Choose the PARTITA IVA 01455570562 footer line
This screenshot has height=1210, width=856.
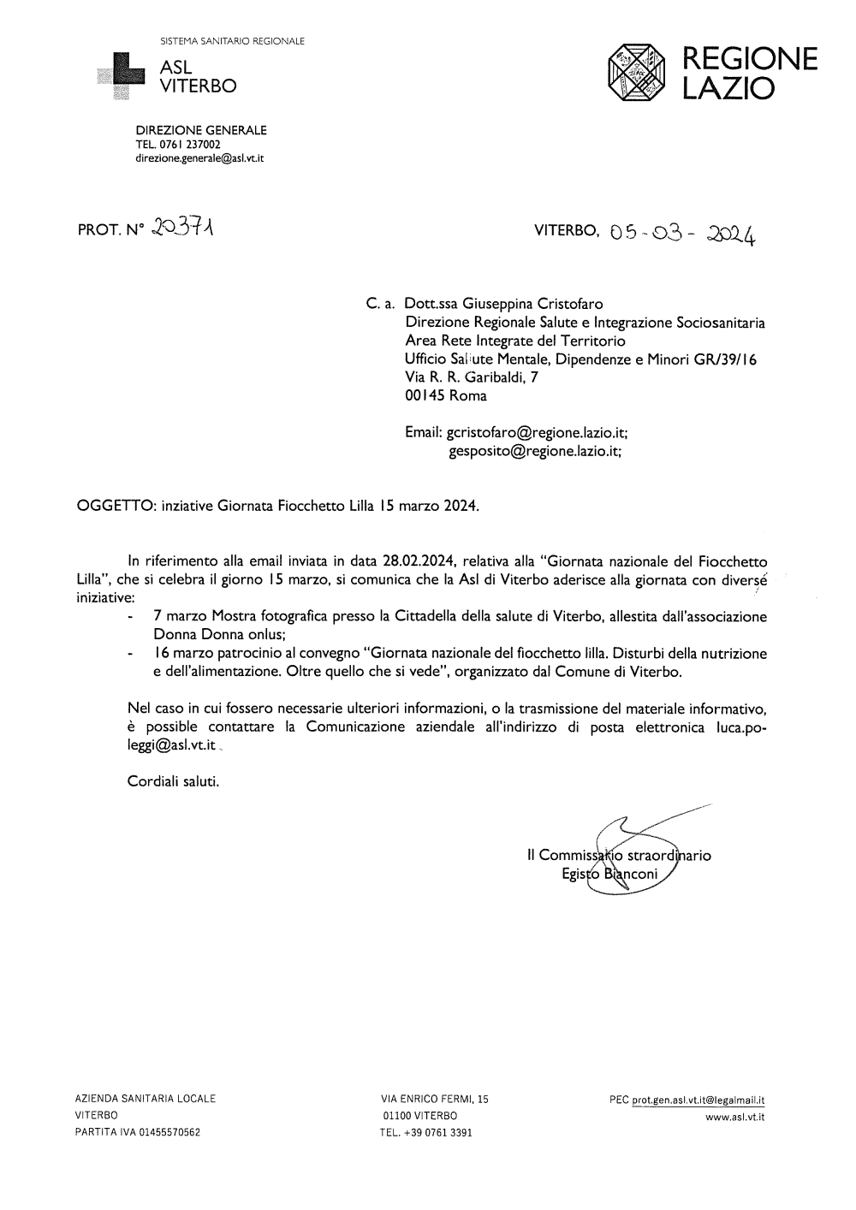pos(138,1132)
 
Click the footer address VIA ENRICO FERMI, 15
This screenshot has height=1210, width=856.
pos(434,1099)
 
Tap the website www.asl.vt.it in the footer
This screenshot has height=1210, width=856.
pos(734,1117)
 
